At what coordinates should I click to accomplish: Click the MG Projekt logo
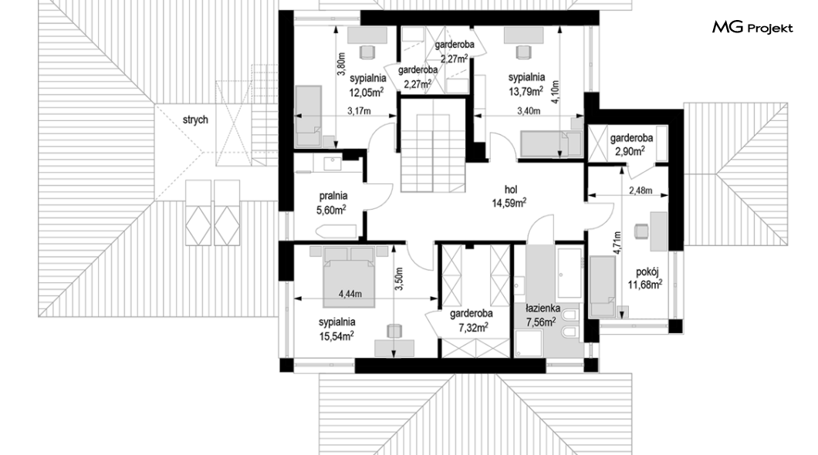(x=752, y=28)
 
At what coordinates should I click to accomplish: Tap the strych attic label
(x=195, y=120)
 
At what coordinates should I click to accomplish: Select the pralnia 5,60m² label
(x=332, y=203)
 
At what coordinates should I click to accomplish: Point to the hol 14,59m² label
(x=509, y=196)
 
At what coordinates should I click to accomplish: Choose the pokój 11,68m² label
(x=645, y=278)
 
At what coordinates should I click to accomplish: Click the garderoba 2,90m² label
(x=631, y=145)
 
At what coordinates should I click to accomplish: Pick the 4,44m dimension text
(x=350, y=293)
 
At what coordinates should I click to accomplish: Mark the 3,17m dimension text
(x=359, y=110)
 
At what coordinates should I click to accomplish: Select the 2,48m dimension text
(x=641, y=190)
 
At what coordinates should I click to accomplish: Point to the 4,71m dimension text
(x=617, y=243)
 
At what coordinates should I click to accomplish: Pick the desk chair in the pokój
(x=641, y=231)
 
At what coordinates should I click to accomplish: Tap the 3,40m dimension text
(x=529, y=110)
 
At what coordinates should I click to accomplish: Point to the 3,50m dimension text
(x=399, y=279)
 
